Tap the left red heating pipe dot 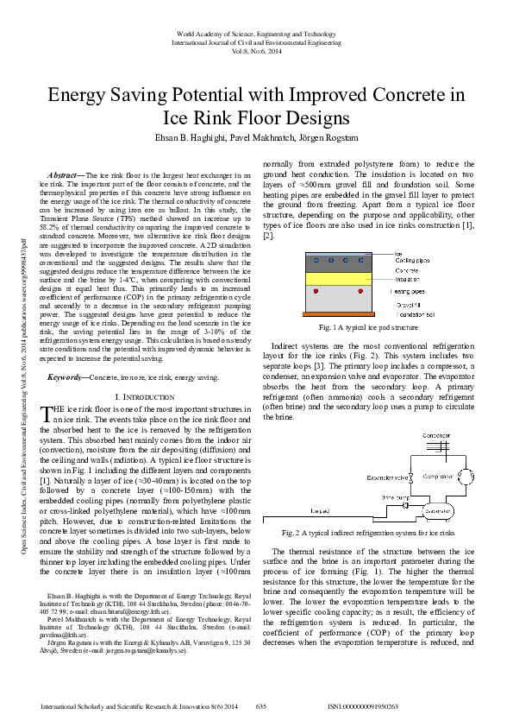315,291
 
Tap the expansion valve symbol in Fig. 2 413,477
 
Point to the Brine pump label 396,497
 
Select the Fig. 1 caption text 368,328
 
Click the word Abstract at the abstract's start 66,174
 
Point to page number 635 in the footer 261,707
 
